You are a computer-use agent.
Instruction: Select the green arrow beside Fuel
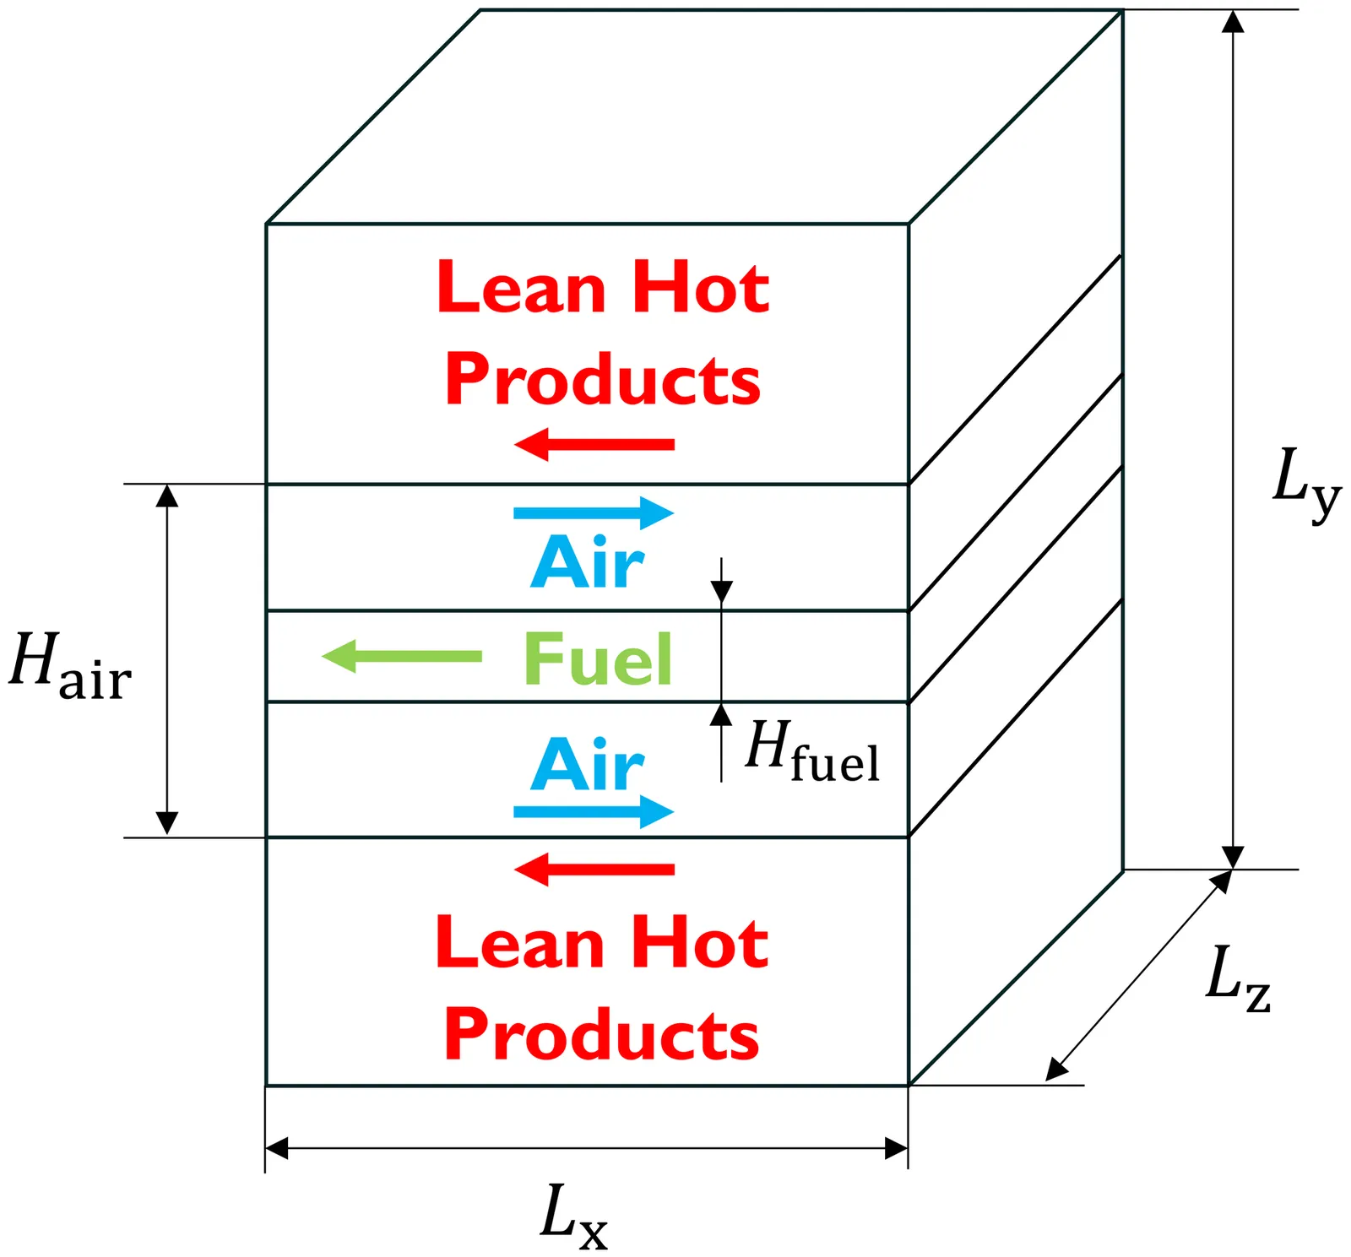point(402,656)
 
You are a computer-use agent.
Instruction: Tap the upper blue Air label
point(588,563)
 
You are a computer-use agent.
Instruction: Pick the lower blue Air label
point(588,764)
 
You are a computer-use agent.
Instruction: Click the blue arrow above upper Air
point(594,512)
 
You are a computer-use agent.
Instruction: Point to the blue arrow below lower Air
point(594,812)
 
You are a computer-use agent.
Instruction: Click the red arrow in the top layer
point(594,444)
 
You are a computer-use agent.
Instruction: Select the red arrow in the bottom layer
point(594,869)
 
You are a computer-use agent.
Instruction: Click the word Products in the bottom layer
point(602,1034)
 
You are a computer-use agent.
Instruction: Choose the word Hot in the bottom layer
point(700,943)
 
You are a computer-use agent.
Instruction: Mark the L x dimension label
point(573,1216)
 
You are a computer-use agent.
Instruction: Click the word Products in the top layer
point(603,380)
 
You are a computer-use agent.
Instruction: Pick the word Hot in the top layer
point(701,288)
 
